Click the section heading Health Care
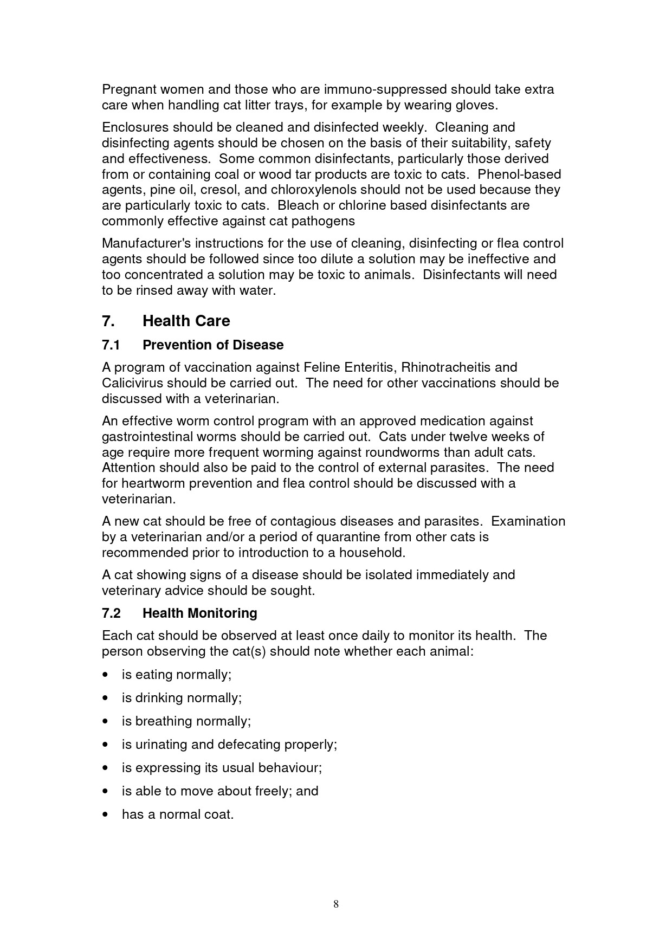point(186,321)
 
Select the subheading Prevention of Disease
point(213,345)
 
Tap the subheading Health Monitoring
point(199,613)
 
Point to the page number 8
point(336,904)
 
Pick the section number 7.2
point(111,613)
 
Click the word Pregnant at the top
point(128,89)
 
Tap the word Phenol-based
point(519,174)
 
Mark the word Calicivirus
point(132,383)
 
